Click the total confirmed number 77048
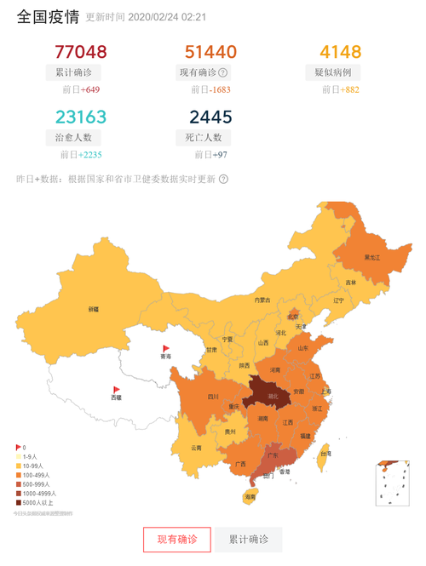(80, 53)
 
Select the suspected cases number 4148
(341, 53)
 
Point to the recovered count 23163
(80, 117)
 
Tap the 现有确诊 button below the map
(176, 540)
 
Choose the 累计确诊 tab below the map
(248, 540)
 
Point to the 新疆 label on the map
(93, 309)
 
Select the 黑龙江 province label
(372, 256)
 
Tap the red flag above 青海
(167, 348)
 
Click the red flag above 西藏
(117, 390)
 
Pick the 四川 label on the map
(213, 397)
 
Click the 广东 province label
(273, 455)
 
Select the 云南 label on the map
(196, 447)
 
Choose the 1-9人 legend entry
(32, 456)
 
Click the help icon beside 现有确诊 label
(223, 73)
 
